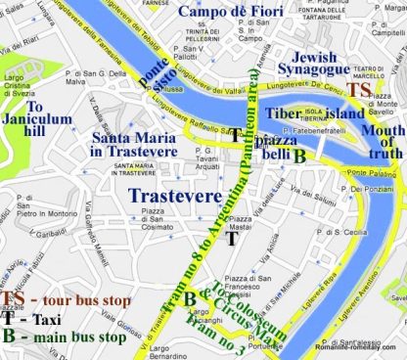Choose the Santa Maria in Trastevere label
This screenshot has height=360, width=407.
click(x=133, y=144)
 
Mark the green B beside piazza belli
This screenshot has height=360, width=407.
click(x=301, y=154)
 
